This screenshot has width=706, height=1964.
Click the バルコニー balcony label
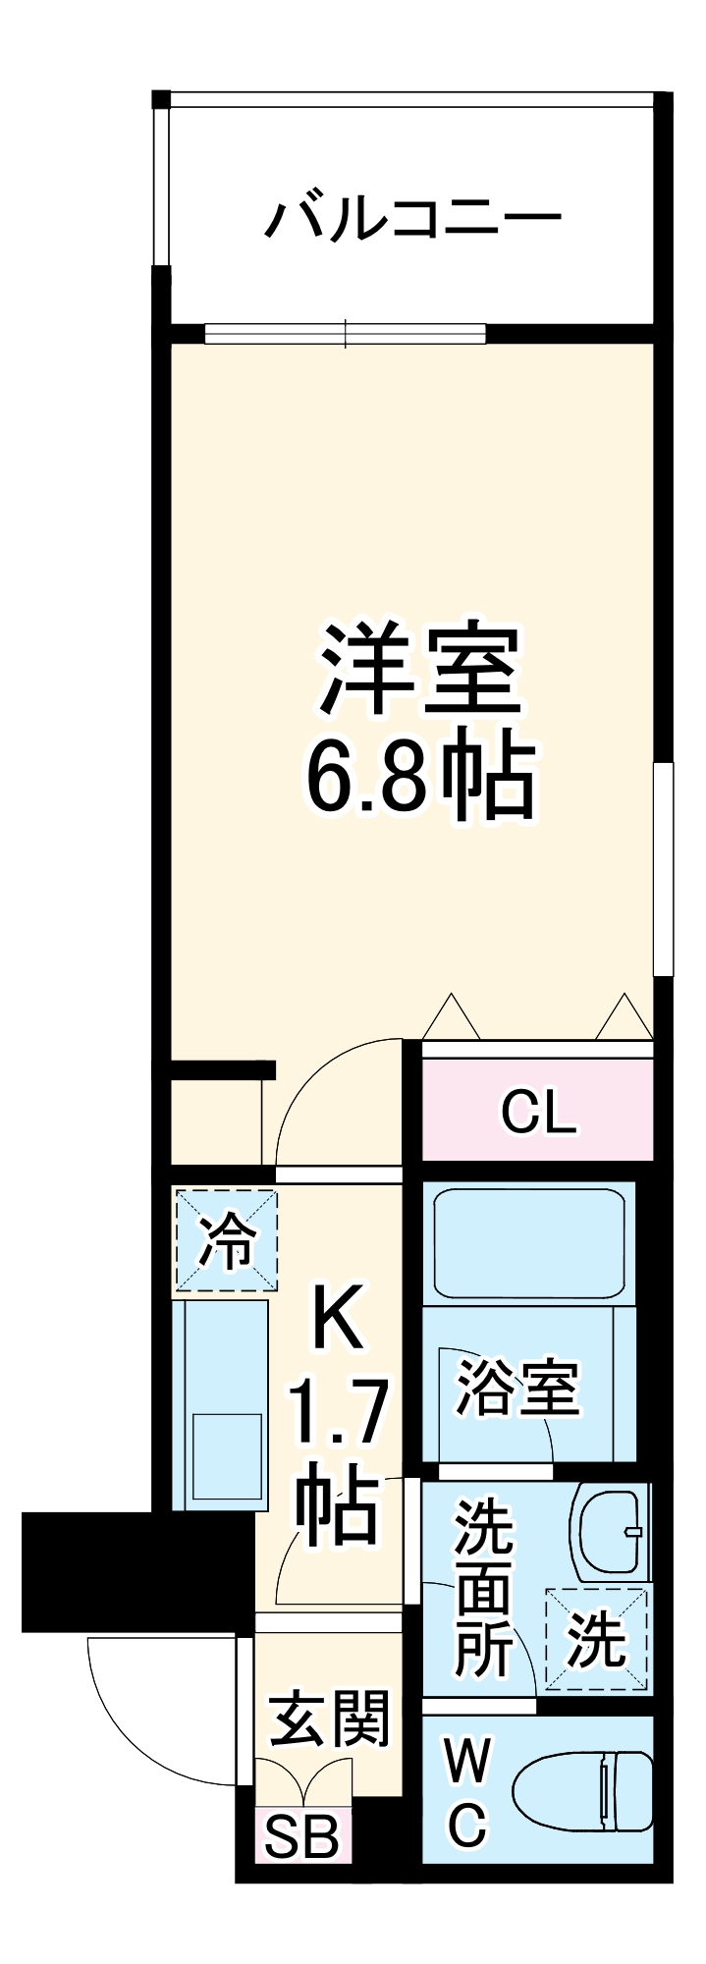(412, 217)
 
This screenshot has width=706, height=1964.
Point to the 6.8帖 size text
(420, 781)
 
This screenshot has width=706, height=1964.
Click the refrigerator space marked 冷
(227, 1239)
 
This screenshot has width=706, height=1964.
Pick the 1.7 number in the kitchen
(337, 1412)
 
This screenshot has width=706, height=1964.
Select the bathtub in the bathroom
(529, 1245)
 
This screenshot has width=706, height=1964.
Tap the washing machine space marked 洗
(596, 1639)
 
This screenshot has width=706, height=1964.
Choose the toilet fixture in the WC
(584, 1792)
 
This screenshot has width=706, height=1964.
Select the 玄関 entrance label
(329, 1718)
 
